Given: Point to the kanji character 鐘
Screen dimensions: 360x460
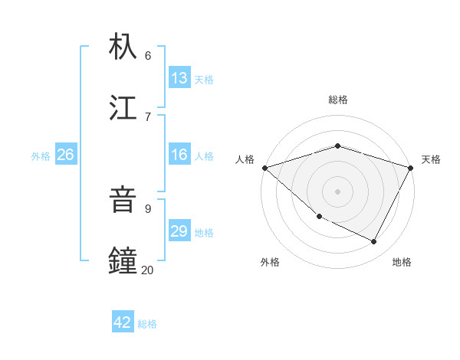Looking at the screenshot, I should pos(123,260).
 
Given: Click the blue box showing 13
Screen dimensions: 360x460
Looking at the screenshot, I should pos(179,78).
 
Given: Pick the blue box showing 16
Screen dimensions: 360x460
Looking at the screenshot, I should pos(179,155).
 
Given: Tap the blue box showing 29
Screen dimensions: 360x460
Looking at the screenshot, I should pos(179,231).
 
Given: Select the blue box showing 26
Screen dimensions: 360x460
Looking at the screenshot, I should pos(65,155).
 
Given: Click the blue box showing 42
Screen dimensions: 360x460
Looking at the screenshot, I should pos(123,322).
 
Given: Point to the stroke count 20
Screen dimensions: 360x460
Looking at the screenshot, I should pos(148,270).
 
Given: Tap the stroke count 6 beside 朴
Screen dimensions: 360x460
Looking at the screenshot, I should pos(148,55).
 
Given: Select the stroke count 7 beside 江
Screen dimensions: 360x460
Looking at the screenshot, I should pos(148,116).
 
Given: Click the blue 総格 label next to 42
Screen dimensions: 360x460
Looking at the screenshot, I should pos(147,324).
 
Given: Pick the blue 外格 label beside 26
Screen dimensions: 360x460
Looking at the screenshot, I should pos(41,156).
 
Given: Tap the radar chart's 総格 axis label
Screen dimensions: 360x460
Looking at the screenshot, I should pos(337,100).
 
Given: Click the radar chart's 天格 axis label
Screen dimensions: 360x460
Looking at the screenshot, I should pos(432,159).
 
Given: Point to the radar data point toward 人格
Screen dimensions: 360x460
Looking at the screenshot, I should pos(264,168).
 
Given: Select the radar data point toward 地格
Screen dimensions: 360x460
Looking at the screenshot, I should pos(374,242).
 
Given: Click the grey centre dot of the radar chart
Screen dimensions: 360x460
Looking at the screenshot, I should pos(337,191).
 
